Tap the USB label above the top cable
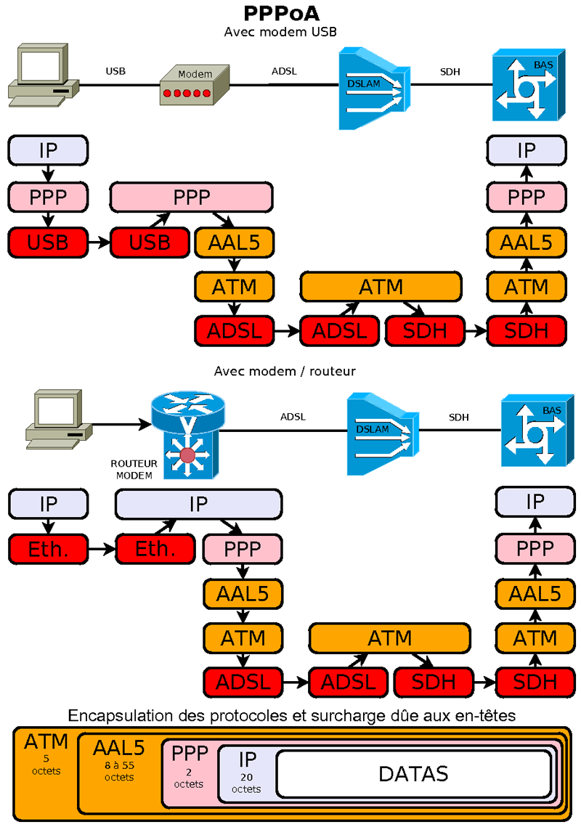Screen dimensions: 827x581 click(115, 71)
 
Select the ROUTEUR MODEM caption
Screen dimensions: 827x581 click(134, 469)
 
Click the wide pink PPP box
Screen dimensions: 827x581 click(191, 197)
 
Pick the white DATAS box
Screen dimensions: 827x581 click(413, 773)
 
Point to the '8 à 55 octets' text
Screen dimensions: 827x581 click(119, 770)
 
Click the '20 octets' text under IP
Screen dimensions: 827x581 click(247, 783)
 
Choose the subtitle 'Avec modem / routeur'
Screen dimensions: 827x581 click(285, 371)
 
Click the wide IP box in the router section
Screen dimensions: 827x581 click(198, 504)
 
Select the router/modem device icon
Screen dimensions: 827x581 click(188, 436)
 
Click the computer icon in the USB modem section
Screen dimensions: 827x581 click(41, 76)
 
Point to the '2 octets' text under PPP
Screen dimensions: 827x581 click(189, 778)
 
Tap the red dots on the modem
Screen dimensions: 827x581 click(187, 94)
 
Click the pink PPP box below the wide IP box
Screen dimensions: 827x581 click(243, 548)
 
